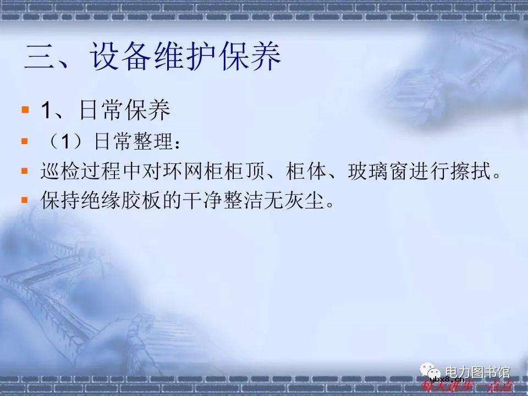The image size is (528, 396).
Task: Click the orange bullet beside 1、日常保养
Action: coord(24,111)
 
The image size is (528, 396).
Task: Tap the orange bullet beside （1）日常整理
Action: coord(24,141)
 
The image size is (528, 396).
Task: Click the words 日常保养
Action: coord(124,111)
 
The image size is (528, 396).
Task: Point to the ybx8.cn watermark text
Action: coord(447,379)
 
